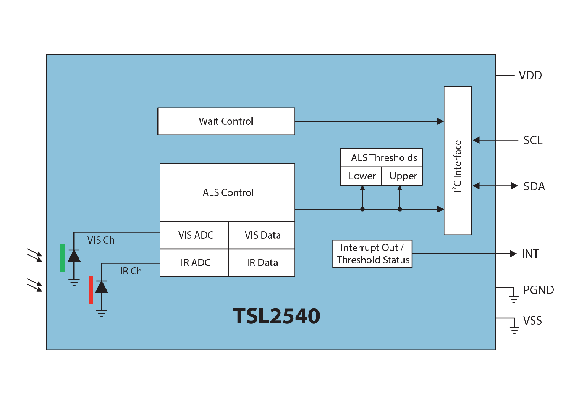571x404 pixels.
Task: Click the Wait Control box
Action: pos(226,121)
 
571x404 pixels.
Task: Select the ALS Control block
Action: pos(227,193)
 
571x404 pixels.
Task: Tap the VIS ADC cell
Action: pos(194,235)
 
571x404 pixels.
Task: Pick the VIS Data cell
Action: pos(262,235)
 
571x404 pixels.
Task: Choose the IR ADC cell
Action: pos(194,262)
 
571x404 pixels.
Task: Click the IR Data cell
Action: pos(262,262)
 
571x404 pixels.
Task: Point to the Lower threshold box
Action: pos(361,176)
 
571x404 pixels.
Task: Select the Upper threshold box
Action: pos(402,176)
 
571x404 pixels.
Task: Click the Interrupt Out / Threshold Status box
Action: pos(372,254)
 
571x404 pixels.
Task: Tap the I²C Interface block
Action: pos(458,160)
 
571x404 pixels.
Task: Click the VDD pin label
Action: pos(530,76)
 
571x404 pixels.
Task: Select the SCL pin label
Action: pos(533,140)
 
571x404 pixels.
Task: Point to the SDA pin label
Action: pos(534,186)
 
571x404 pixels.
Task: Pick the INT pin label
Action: pos(530,254)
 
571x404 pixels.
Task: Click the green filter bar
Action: pos(63,257)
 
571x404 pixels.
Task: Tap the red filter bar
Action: pos(91,290)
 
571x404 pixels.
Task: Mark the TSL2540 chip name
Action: pos(277,316)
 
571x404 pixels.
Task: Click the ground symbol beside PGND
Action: pos(513,299)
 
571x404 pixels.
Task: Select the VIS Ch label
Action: pos(101,240)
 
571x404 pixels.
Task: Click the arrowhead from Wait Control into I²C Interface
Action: pos(440,121)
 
